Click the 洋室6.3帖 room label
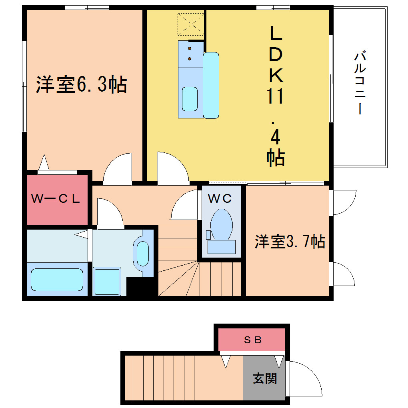coord(82,84)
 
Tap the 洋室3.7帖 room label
coord(290,242)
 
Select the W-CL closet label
coord(56,199)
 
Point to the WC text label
coord(220,198)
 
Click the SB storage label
coord(253,340)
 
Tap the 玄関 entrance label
coord(265,378)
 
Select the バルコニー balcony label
coord(360,83)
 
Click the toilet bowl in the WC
coord(222,224)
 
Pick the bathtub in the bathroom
coord(57,280)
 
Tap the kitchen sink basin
coord(190,99)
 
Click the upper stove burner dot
coord(190,48)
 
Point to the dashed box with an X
coord(191,24)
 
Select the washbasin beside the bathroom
coord(142,254)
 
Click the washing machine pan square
coord(107,282)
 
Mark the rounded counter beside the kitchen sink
coord(211,85)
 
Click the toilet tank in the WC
coord(222,247)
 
